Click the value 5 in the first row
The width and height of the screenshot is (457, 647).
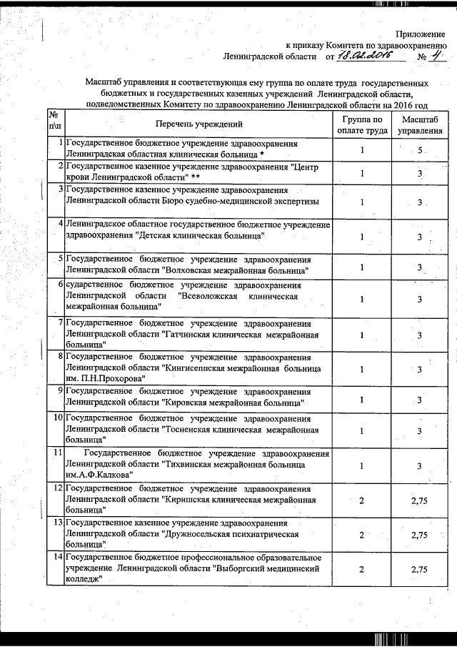click(x=421, y=151)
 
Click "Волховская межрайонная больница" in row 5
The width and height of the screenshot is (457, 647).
click(x=236, y=270)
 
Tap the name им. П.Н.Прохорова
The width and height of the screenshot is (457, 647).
click(x=105, y=377)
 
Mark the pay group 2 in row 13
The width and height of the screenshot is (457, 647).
click(x=362, y=535)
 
